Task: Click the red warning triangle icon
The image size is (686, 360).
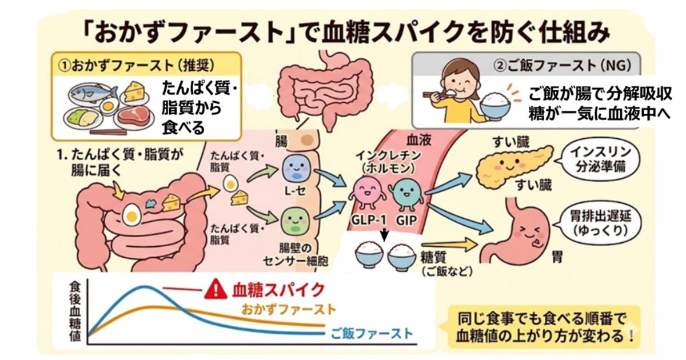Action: [x=215, y=290]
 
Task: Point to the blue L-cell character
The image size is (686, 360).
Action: [x=296, y=168]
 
